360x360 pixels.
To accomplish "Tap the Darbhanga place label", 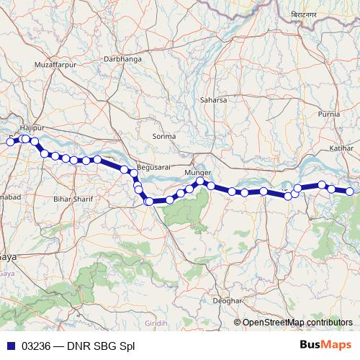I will pyautogui.click(x=122, y=58).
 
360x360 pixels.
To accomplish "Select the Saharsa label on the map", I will pyautogui.click(x=214, y=99).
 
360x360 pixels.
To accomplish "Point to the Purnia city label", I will pyautogui.click(x=329, y=114).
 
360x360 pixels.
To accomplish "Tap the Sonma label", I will pyautogui.click(x=164, y=136).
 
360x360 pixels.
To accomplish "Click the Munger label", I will pyautogui.click(x=198, y=174).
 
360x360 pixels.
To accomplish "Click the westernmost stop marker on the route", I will pyautogui.click(x=11, y=142).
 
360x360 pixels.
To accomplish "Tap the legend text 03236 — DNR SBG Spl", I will pyautogui.click(x=78, y=346).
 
